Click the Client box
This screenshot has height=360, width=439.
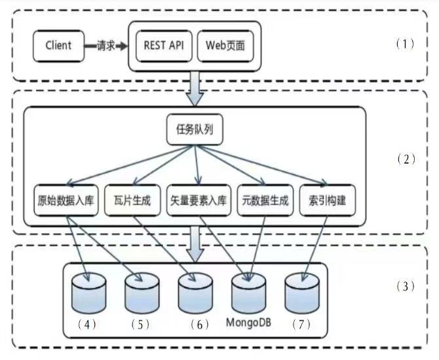coord(58,46)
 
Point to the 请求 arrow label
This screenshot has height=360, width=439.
coord(107,46)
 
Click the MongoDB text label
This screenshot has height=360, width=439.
coord(249,323)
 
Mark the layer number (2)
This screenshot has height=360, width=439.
coord(406,159)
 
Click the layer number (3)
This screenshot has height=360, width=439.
coord(406,286)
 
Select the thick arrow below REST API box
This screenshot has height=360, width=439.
coord(195,87)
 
